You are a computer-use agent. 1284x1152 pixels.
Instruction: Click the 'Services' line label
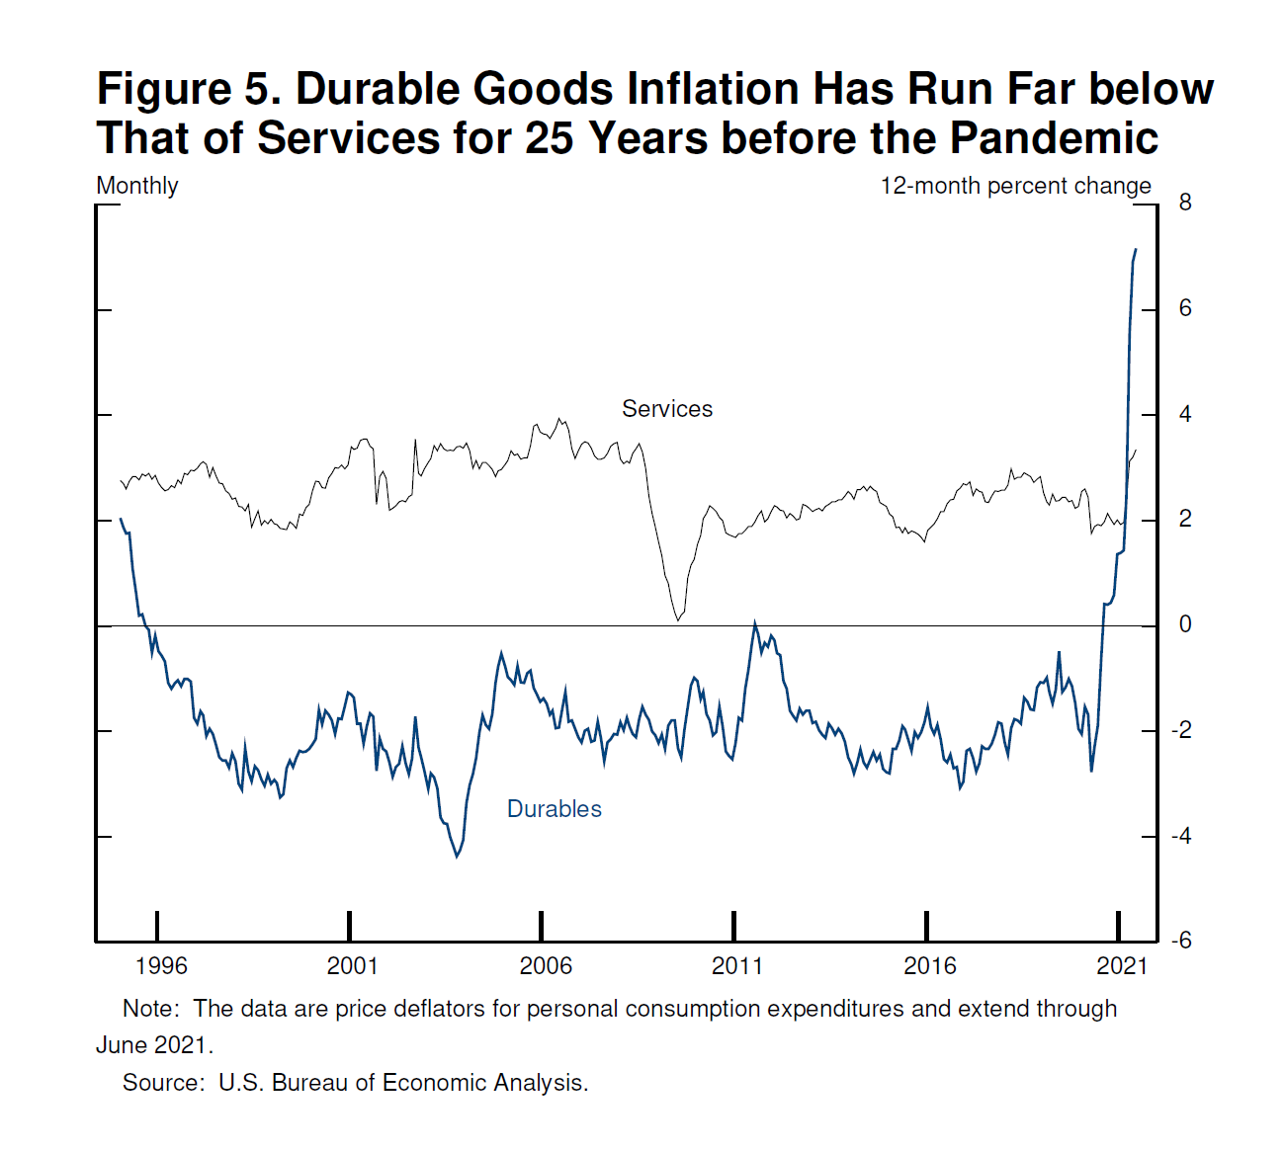(x=666, y=409)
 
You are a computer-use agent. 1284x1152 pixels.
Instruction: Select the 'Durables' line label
(x=554, y=809)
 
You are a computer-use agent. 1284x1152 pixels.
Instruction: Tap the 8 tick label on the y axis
(x=1185, y=203)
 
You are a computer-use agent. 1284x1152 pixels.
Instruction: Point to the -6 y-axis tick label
(x=1181, y=941)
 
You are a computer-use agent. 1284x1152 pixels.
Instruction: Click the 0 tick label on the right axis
(x=1185, y=624)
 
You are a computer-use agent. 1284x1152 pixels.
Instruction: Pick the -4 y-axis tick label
(x=1181, y=836)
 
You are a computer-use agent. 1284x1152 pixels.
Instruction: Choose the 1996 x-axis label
(x=161, y=966)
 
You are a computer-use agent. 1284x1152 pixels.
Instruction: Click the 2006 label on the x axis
(x=546, y=966)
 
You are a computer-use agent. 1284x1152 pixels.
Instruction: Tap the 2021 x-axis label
(x=1122, y=966)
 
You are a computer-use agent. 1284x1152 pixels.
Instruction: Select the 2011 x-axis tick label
(x=737, y=966)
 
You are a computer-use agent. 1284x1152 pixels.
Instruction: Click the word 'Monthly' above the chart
(x=137, y=186)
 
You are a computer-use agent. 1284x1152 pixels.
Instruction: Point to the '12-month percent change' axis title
(x=1015, y=186)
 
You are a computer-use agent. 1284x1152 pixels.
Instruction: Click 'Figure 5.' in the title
(x=189, y=89)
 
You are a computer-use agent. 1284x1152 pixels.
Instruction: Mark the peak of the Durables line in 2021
(x=1135, y=250)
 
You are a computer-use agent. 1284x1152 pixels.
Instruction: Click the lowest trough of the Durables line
(x=457, y=857)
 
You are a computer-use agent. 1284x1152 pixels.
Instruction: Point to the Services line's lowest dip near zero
(x=678, y=620)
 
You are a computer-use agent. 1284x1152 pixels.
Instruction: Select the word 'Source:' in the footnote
(x=163, y=1083)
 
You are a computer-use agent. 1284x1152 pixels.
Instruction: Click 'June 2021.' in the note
(x=154, y=1045)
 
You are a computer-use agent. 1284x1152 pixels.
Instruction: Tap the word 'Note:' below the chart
(x=150, y=1009)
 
